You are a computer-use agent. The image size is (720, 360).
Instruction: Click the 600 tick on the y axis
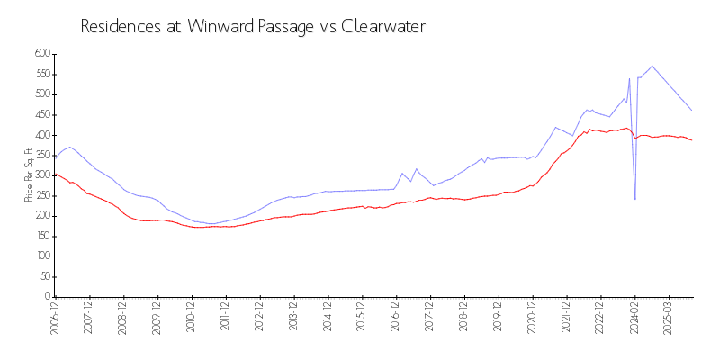[x=40, y=54]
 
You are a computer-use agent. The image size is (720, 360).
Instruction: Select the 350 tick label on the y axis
[x=40, y=155]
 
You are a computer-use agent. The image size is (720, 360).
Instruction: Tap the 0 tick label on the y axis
[x=47, y=297]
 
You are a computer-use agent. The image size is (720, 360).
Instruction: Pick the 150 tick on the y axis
[x=40, y=236]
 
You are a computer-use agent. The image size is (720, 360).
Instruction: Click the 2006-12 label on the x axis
[x=55, y=319]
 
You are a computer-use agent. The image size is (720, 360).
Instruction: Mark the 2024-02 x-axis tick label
[x=634, y=319]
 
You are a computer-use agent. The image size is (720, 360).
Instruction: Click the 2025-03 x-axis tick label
[x=668, y=319]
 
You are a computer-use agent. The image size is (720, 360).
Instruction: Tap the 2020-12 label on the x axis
[x=532, y=319]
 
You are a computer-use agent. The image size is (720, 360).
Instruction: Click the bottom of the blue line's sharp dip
[x=635, y=199]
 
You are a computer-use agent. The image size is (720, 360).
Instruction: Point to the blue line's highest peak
[x=652, y=66]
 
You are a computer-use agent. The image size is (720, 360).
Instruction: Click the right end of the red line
[x=692, y=140]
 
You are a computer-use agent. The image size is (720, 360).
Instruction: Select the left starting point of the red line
[x=55, y=175]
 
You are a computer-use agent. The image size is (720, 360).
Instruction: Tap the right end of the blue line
[x=692, y=111]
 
